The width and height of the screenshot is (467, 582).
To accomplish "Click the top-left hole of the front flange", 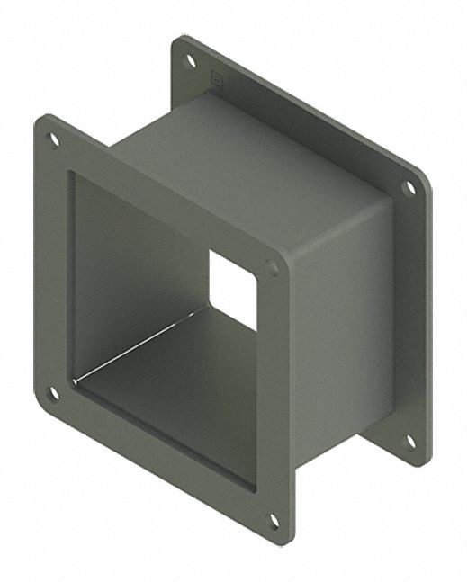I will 53,139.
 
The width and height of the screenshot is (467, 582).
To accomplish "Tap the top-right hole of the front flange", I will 273,267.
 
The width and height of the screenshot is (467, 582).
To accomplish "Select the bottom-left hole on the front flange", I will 53,392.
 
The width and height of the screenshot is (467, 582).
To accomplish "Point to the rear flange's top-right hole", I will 409,188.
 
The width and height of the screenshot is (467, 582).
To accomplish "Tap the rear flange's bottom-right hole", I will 409,441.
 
